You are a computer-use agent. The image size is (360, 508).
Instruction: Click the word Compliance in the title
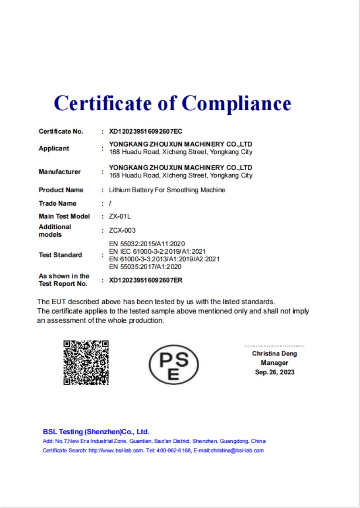click(x=237, y=103)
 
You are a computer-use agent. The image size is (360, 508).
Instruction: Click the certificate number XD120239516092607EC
click(x=146, y=131)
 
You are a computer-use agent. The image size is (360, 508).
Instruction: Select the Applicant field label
click(x=54, y=148)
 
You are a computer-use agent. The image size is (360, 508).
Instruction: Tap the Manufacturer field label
click(x=60, y=171)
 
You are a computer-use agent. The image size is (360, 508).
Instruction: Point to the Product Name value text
click(x=167, y=190)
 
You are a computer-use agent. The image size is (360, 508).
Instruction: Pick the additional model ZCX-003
click(x=122, y=230)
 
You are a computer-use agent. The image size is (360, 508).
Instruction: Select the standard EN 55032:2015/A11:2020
click(x=147, y=243)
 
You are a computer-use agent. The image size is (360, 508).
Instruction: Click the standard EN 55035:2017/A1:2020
click(x=145, y=266)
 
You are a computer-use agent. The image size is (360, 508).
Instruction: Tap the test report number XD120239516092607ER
click(x=146, y=280)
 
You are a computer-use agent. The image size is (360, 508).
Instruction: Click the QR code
click(x=86, y=363)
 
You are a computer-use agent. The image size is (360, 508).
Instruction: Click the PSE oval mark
click(x=174, y=364)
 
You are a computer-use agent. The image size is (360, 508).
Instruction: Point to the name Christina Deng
click(x=274, y=354)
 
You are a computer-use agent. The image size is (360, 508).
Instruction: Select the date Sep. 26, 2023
click(x=274, y=372)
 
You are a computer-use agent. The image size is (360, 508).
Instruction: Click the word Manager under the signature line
click(x=274, y=363)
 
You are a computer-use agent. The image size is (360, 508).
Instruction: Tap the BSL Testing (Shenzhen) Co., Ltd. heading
click(x=96, y=432)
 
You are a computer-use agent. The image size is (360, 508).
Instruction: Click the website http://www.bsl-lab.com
click(x=116, y=450)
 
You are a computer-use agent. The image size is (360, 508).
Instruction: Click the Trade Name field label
click(x=58, y=203)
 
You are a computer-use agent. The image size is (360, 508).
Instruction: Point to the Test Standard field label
click(x=60, y=255)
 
